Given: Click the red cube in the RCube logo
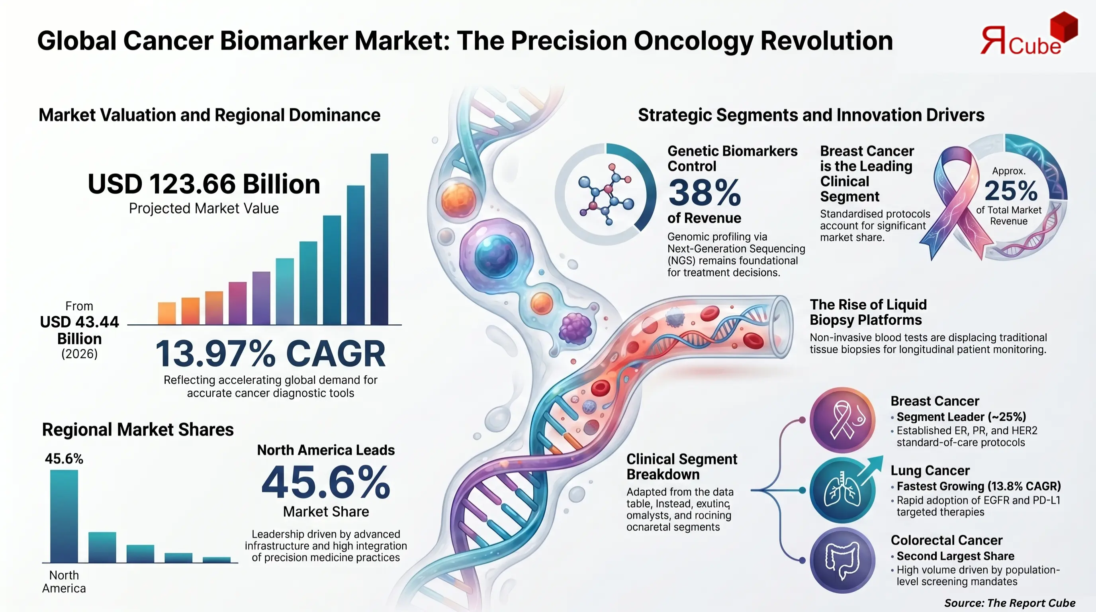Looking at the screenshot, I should point(1063,26).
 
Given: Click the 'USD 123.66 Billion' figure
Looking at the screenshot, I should point(204,184).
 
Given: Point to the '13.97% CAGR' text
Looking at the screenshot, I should point(270,354).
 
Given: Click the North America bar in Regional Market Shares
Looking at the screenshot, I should point(64,516).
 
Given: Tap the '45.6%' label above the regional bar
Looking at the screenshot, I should point(64,459).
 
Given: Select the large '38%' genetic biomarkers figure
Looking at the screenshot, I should point(704,193).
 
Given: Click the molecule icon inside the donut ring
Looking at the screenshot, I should point(606,194).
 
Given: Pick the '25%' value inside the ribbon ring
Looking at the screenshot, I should point(1011,191).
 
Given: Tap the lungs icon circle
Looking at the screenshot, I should point(842,490).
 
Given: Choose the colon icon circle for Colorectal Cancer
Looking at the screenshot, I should point(842,560).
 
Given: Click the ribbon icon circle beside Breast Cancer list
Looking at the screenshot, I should point(842,420).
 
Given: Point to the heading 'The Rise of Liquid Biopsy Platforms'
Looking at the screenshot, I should point(868,312).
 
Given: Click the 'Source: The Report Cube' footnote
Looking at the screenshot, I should point(1009,603).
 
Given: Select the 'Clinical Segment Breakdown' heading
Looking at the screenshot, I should point(681,467).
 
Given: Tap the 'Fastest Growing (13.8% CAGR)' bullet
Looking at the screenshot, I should point(978,486).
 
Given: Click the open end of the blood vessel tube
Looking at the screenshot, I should point(782,326).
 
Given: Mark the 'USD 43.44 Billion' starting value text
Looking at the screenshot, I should point(79,330).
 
